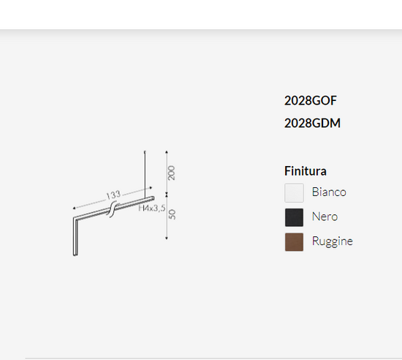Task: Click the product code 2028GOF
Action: click(x=310, y=100)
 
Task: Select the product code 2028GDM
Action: click(x=312, y=123)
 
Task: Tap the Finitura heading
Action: click(x=306, y=171)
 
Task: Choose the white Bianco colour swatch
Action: click(x=294, y=192)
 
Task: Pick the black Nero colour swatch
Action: click(x=294, y=217)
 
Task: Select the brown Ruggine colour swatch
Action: click(x=294, y=242)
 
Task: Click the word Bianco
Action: click(x=329, y=192)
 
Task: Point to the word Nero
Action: click(x=325, y=217)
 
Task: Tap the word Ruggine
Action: click(x=333, y=241)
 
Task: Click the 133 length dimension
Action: click(x=113, y=195)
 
